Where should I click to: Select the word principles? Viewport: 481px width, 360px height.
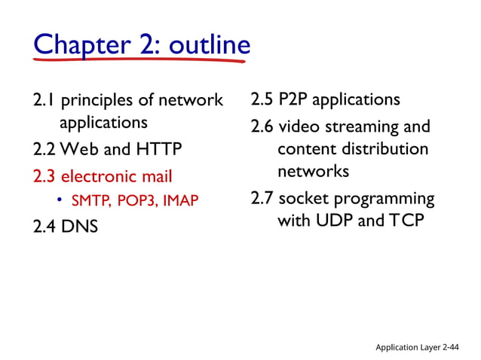point(101,101)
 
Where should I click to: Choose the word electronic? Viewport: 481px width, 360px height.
point(99,177)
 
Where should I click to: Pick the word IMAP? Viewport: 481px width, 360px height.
point(184,201)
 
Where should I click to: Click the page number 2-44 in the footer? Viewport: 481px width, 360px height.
point(451,346)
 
